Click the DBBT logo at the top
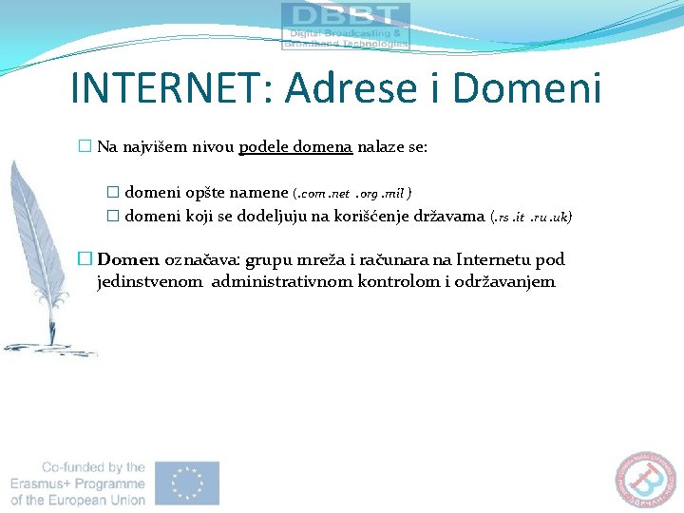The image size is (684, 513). click(x=346, y=26)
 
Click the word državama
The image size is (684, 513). click(x=446, y=216)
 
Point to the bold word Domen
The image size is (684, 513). click(x=128, y=259)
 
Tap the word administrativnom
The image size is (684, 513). click(x=282, y=281)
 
